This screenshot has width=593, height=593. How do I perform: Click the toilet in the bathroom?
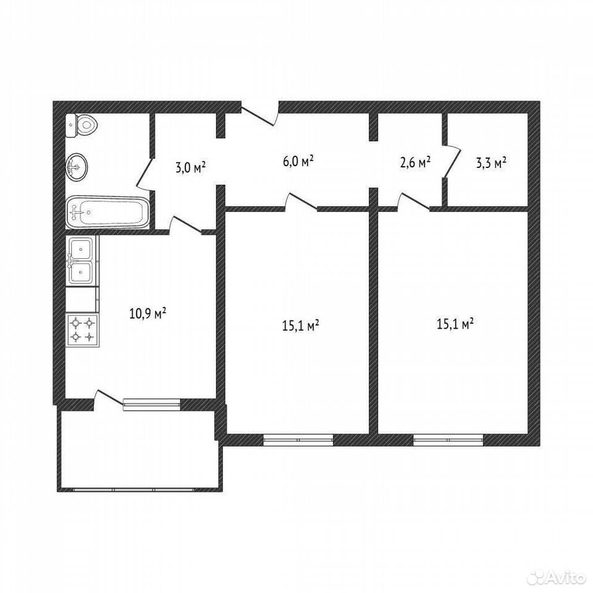pos(82,125)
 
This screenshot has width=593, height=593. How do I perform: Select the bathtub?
pos(107,212)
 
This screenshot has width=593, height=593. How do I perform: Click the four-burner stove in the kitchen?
pos(82,330)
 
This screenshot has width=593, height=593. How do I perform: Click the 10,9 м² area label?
pos(148,313)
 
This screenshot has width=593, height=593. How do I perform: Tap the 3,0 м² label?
pos(191,167)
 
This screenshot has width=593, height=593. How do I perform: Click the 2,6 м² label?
pos(415,162)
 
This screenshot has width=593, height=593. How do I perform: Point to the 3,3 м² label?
pos(491,163)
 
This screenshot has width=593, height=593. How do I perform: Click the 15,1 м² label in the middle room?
pos(301,325)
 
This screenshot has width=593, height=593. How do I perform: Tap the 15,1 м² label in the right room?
pos(455,324)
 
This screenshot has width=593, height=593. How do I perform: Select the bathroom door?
pos(145,174)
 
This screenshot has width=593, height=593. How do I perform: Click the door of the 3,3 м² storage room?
pos(452,161)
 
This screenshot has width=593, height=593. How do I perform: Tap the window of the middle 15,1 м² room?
pos(298,440)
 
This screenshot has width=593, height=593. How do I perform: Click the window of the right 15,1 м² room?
pos(448,440)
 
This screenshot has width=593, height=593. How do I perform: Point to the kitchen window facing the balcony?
pos(151,404)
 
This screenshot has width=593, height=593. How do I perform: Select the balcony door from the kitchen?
pos(108,399)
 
